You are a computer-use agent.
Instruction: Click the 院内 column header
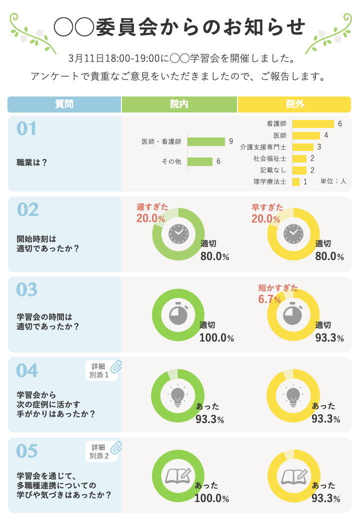179,104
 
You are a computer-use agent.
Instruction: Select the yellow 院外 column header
294,104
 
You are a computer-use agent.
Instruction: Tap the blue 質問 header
64,104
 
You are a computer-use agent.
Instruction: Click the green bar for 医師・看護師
206,141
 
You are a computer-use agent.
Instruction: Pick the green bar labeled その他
200,161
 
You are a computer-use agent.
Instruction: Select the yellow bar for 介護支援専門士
302,147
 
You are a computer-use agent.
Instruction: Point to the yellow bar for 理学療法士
295,182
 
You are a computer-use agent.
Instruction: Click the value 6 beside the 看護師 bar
340,123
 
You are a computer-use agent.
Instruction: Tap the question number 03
27,289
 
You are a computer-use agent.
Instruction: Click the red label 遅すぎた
152,206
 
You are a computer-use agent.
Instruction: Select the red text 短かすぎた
278,288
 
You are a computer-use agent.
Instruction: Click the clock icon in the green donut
178,233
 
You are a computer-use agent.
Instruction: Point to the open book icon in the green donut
178,475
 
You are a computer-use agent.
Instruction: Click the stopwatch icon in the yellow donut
293,314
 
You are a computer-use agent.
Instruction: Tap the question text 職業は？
32,162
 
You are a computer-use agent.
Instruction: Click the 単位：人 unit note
333,181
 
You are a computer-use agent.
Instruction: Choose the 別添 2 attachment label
99,456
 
